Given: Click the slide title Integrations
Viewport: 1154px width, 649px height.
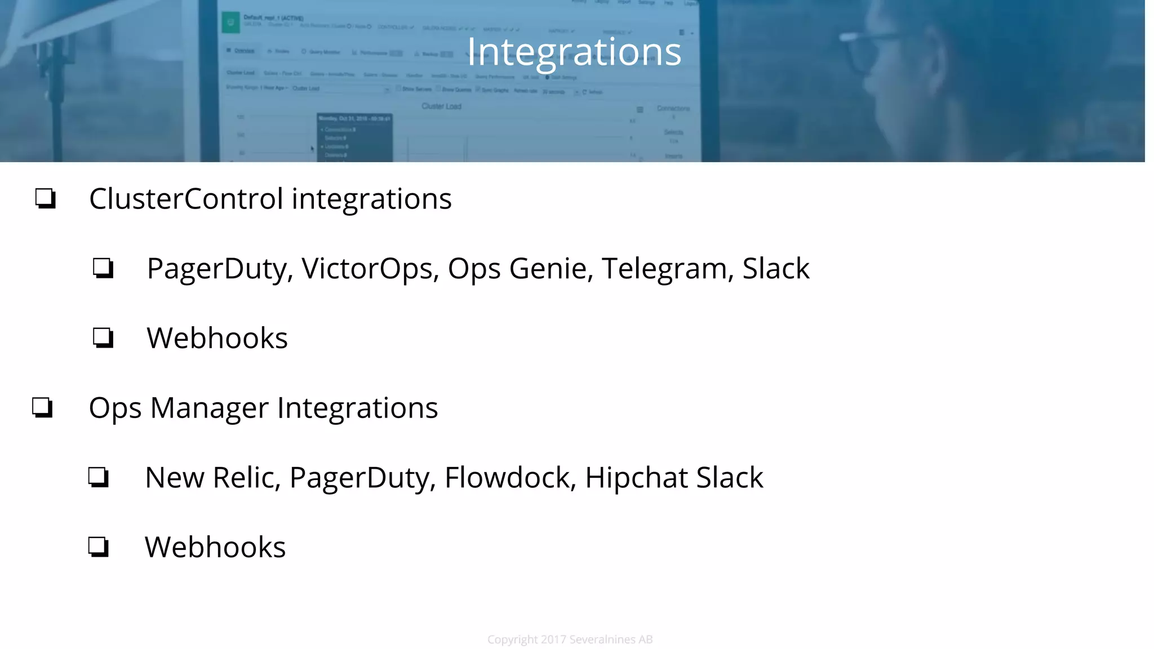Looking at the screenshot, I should coord(574,52).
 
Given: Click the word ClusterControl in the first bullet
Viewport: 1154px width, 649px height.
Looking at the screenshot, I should coord(186,199).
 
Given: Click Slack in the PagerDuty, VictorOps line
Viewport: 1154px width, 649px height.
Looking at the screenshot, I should coord(775,268).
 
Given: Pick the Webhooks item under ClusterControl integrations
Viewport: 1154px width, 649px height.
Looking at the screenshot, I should coord(217,338).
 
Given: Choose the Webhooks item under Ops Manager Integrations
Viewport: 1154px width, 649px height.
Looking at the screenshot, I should coord(215,547).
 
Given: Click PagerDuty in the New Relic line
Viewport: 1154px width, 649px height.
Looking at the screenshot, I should coord(363,478).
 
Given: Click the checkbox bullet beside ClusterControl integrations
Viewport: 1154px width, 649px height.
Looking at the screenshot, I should coord(46,198).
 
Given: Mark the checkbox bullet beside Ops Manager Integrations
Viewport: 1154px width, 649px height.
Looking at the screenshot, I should coord(43,407).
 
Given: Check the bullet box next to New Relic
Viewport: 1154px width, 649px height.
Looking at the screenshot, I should coord(99,477).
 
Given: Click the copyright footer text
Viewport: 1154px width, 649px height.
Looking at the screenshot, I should coord(570,639).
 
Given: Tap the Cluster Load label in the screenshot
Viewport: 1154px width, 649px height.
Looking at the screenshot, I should coord(441,106).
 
